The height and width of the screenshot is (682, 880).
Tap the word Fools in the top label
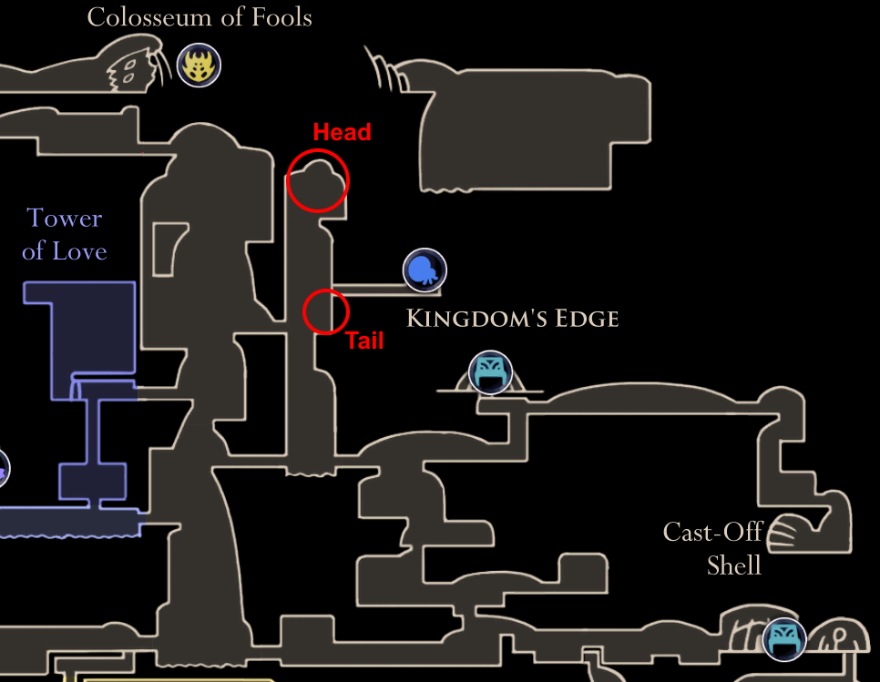coord(282,17)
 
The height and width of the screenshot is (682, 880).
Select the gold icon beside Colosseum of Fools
coord(199,66)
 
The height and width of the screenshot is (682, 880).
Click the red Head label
coord(342,132)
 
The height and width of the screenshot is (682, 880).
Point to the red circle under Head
coord(317,180)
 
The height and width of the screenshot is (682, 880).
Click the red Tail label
coord(363,341)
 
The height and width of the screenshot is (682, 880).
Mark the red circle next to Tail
coord(325,311)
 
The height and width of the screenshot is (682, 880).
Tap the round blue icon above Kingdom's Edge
coord(425,270)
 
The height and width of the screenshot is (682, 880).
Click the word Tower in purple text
coord(64,219)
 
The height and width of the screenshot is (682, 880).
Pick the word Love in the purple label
coord(81,251)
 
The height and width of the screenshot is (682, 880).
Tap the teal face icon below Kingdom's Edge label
coord(490,372)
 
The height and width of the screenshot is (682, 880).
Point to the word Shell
coord(733,565)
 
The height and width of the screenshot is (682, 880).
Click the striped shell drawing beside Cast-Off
coord(789,534)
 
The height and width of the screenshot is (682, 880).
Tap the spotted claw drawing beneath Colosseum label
coord(133,69)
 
